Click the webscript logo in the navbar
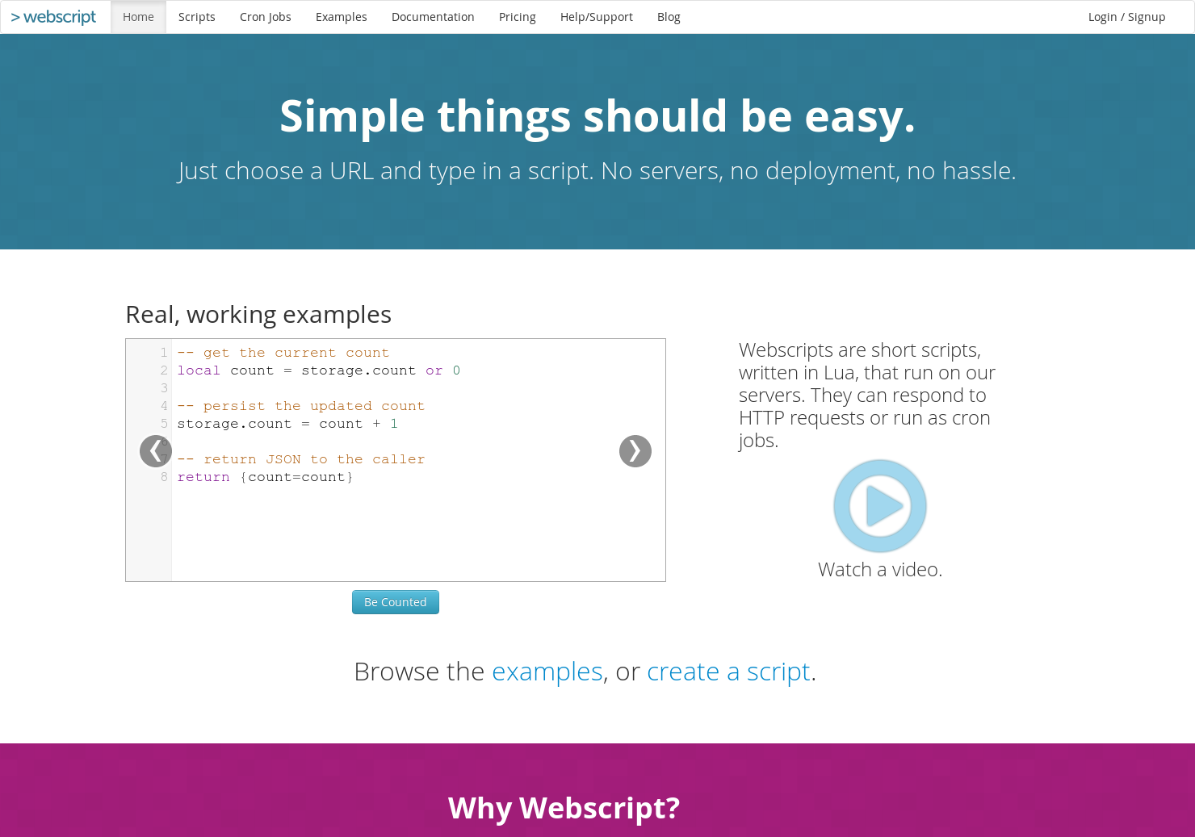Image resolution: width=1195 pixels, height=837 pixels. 54,17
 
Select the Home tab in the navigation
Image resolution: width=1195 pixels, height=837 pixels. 138,17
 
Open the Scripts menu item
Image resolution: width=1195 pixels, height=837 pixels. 196,17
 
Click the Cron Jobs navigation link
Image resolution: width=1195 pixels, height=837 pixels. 265,17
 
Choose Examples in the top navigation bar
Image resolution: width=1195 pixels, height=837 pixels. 341,17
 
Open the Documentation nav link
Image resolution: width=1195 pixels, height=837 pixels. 433,17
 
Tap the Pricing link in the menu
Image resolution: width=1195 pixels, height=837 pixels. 517,17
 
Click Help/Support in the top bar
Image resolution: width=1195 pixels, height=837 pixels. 596,17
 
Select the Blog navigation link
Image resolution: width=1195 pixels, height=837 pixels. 669,17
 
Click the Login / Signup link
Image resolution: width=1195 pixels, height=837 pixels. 1126,17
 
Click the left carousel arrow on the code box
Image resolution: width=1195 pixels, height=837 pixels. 155,451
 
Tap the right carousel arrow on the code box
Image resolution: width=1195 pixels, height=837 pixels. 635,451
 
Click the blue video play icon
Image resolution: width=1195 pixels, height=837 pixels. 880,506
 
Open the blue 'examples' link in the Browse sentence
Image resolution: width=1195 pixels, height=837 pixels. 547,672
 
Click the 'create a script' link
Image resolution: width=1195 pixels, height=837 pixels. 728,672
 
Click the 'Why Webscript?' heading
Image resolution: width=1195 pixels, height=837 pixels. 564,808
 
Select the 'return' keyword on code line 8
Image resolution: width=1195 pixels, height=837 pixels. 203,477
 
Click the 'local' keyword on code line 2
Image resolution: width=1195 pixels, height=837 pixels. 199,370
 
